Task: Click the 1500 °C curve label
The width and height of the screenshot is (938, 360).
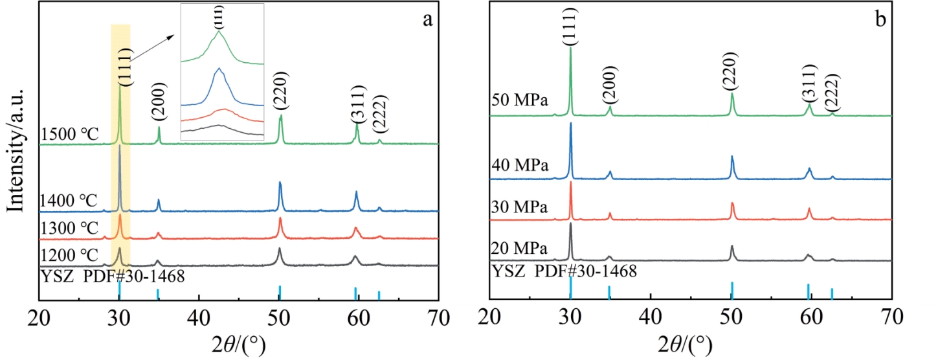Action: pos(69,135)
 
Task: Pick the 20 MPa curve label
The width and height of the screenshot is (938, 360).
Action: pos(520,249)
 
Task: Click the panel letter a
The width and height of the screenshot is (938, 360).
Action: pos(427,19)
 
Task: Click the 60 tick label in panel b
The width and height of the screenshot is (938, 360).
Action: pos(811,319)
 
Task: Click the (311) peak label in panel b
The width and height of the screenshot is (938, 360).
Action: pos(809,83)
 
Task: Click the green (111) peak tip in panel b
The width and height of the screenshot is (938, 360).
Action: pos(570,47)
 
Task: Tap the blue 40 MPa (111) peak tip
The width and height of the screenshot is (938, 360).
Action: pos(570,123)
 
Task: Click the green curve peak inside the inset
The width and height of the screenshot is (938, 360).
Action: pos(219,32)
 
